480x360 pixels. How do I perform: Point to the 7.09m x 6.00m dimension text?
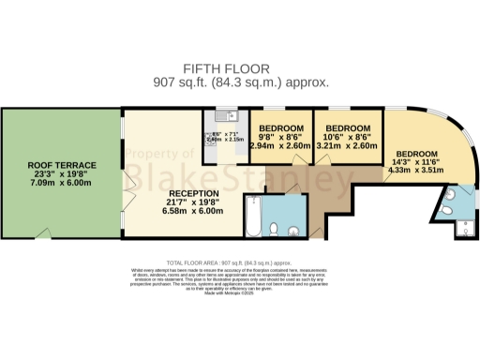click(x=61, y=185)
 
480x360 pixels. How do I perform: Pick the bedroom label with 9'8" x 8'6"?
click(x=281, y=127)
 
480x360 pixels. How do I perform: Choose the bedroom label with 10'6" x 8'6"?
click(x=346, y=127)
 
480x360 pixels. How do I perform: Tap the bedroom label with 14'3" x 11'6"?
click(x=417, y=154)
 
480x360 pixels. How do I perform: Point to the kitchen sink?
click(x=218, y=116)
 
